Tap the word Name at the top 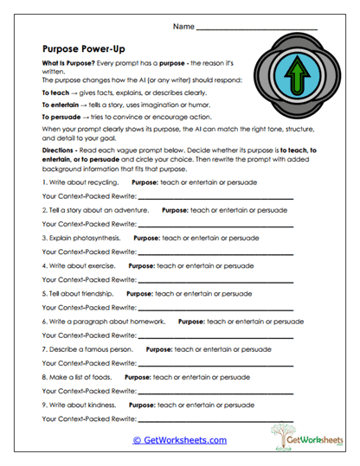(x=183, y=27)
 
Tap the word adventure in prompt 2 (x=130, y=209)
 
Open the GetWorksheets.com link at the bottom (x=179, y=439)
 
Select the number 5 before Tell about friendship (x=44, y=293)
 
